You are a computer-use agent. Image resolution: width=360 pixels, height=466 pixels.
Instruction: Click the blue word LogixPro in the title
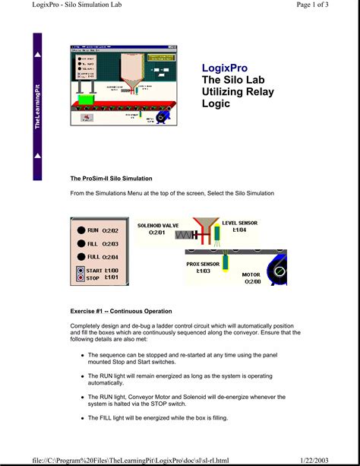226,68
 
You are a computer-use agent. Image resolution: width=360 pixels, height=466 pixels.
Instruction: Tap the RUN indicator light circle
81,230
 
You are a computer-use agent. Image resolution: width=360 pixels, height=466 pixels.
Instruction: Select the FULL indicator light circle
81,257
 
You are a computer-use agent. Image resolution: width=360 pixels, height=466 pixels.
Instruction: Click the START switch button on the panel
81,271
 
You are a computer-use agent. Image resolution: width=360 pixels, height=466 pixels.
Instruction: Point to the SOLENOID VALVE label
158,225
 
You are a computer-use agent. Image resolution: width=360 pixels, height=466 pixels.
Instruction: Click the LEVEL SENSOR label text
240,223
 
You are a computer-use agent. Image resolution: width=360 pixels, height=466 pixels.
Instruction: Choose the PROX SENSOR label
204,264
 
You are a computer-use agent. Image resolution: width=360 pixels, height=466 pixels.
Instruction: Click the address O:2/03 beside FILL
111,243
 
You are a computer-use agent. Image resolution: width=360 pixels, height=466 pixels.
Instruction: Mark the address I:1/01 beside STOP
112,278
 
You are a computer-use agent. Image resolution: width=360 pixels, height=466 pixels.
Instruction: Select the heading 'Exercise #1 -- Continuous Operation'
121,311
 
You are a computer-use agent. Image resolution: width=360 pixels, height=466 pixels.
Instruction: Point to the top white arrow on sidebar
38,57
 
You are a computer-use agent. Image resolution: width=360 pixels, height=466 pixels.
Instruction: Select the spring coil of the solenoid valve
185,236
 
